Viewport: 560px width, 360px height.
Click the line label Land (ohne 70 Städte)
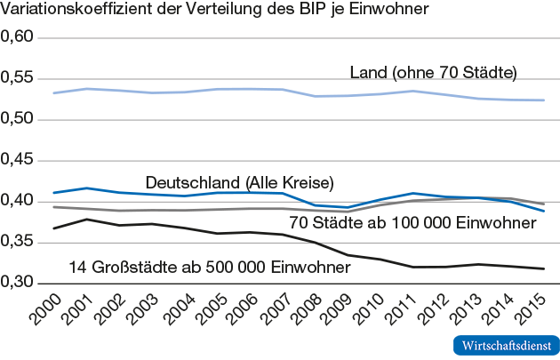coord(433,72)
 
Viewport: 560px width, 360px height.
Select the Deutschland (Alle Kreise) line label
coord(239,182)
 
